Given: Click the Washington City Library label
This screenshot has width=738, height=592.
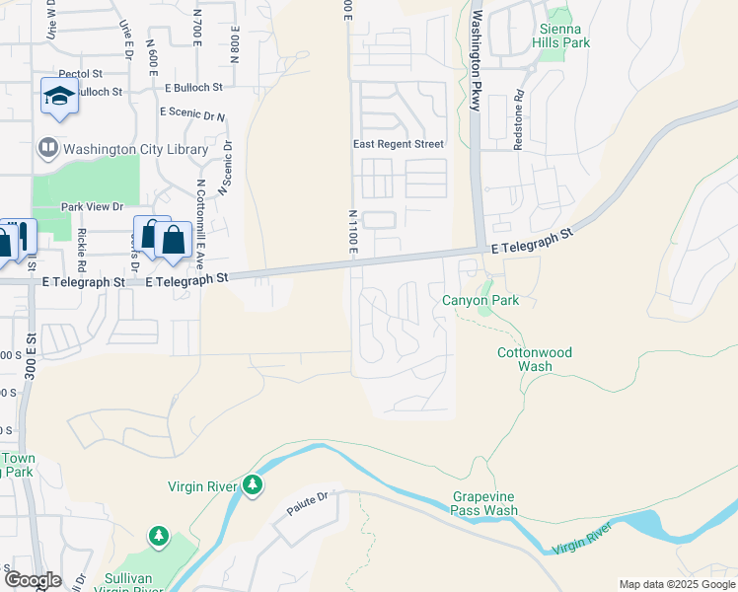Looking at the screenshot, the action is [x=135, y=150].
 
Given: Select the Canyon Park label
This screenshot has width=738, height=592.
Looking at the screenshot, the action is [x=480, y=300].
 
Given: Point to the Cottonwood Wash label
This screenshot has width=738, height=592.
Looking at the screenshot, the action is [x=534, y=359].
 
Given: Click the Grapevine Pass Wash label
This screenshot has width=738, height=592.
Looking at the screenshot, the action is [x=484, y=504].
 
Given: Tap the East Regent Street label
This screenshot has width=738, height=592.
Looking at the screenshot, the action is [x=399, y=144].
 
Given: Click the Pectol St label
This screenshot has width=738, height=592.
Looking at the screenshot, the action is [x=80, y=74].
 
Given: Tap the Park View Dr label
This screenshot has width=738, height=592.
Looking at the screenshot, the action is [x=92, y=207].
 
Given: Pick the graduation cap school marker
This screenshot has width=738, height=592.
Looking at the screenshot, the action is [x=58, y=97].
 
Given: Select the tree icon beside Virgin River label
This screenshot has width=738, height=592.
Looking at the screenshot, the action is [x=254, y=484].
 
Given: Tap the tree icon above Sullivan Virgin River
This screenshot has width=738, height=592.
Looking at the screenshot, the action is [x=158, y=536].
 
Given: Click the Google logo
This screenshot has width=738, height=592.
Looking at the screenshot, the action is [x=33, y=580].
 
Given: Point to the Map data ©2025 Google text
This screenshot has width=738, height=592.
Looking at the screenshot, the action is [x=676, y=584].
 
